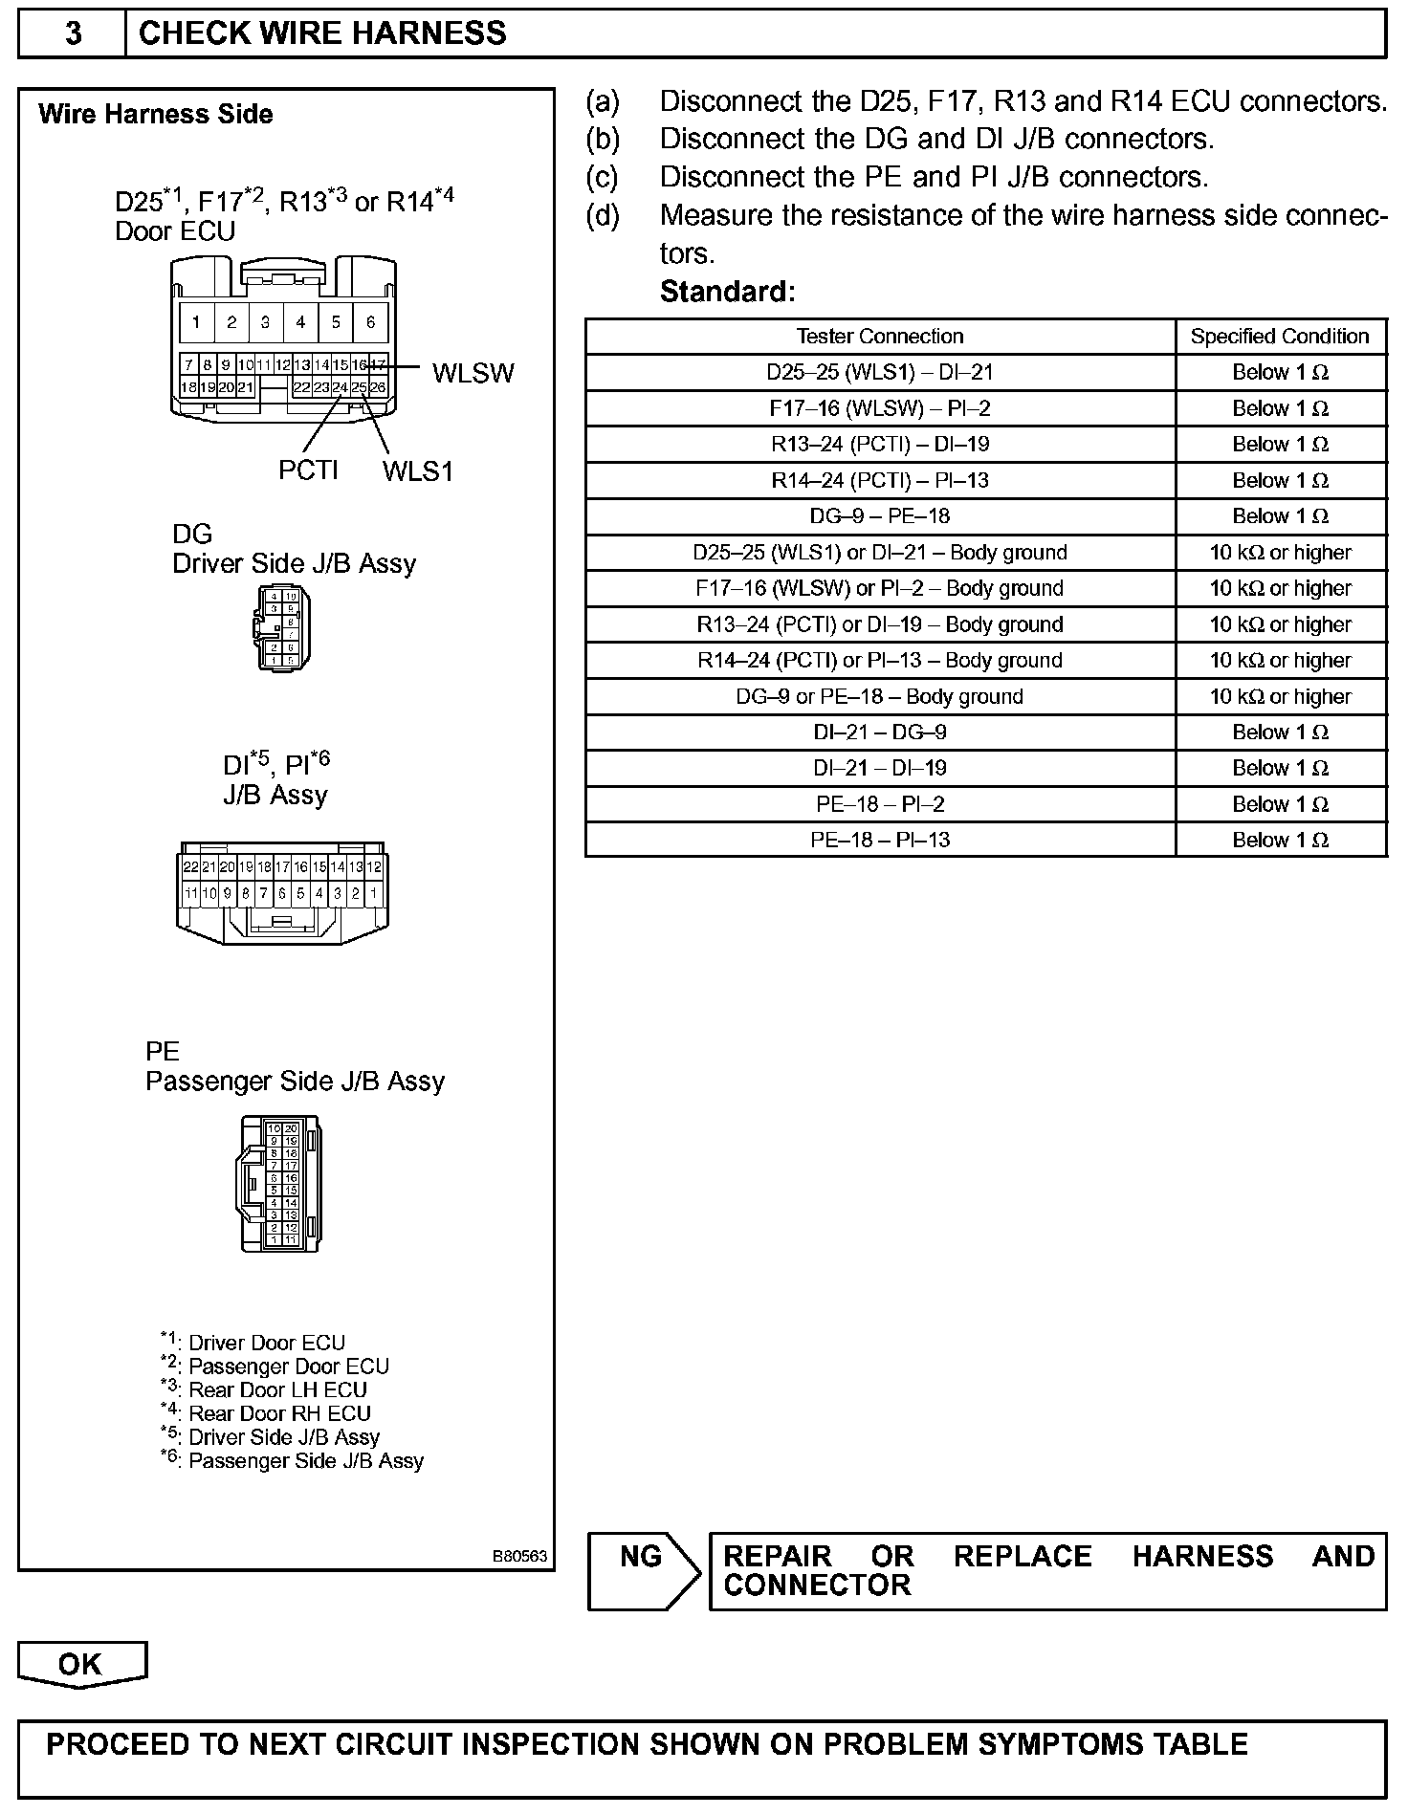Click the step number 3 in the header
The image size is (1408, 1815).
73,34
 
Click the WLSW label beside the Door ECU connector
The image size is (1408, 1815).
473,373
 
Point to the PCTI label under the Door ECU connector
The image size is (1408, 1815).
308,470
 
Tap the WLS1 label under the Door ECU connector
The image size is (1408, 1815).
418,471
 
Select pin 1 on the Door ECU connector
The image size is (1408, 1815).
196,322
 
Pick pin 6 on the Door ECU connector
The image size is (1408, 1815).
370,322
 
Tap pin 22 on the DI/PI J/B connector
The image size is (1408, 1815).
190,866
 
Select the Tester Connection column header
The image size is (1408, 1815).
880,337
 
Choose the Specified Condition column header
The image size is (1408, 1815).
1280,337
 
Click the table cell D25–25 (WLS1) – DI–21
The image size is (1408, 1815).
880,373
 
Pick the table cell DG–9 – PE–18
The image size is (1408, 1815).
880,516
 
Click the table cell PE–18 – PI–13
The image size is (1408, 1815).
880,841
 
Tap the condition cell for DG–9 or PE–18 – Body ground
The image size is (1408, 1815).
1280,696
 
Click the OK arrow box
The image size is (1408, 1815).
81,1664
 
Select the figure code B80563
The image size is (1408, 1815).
519,1557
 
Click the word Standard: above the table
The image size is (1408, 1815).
727,292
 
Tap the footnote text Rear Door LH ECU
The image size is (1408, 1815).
277,1389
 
